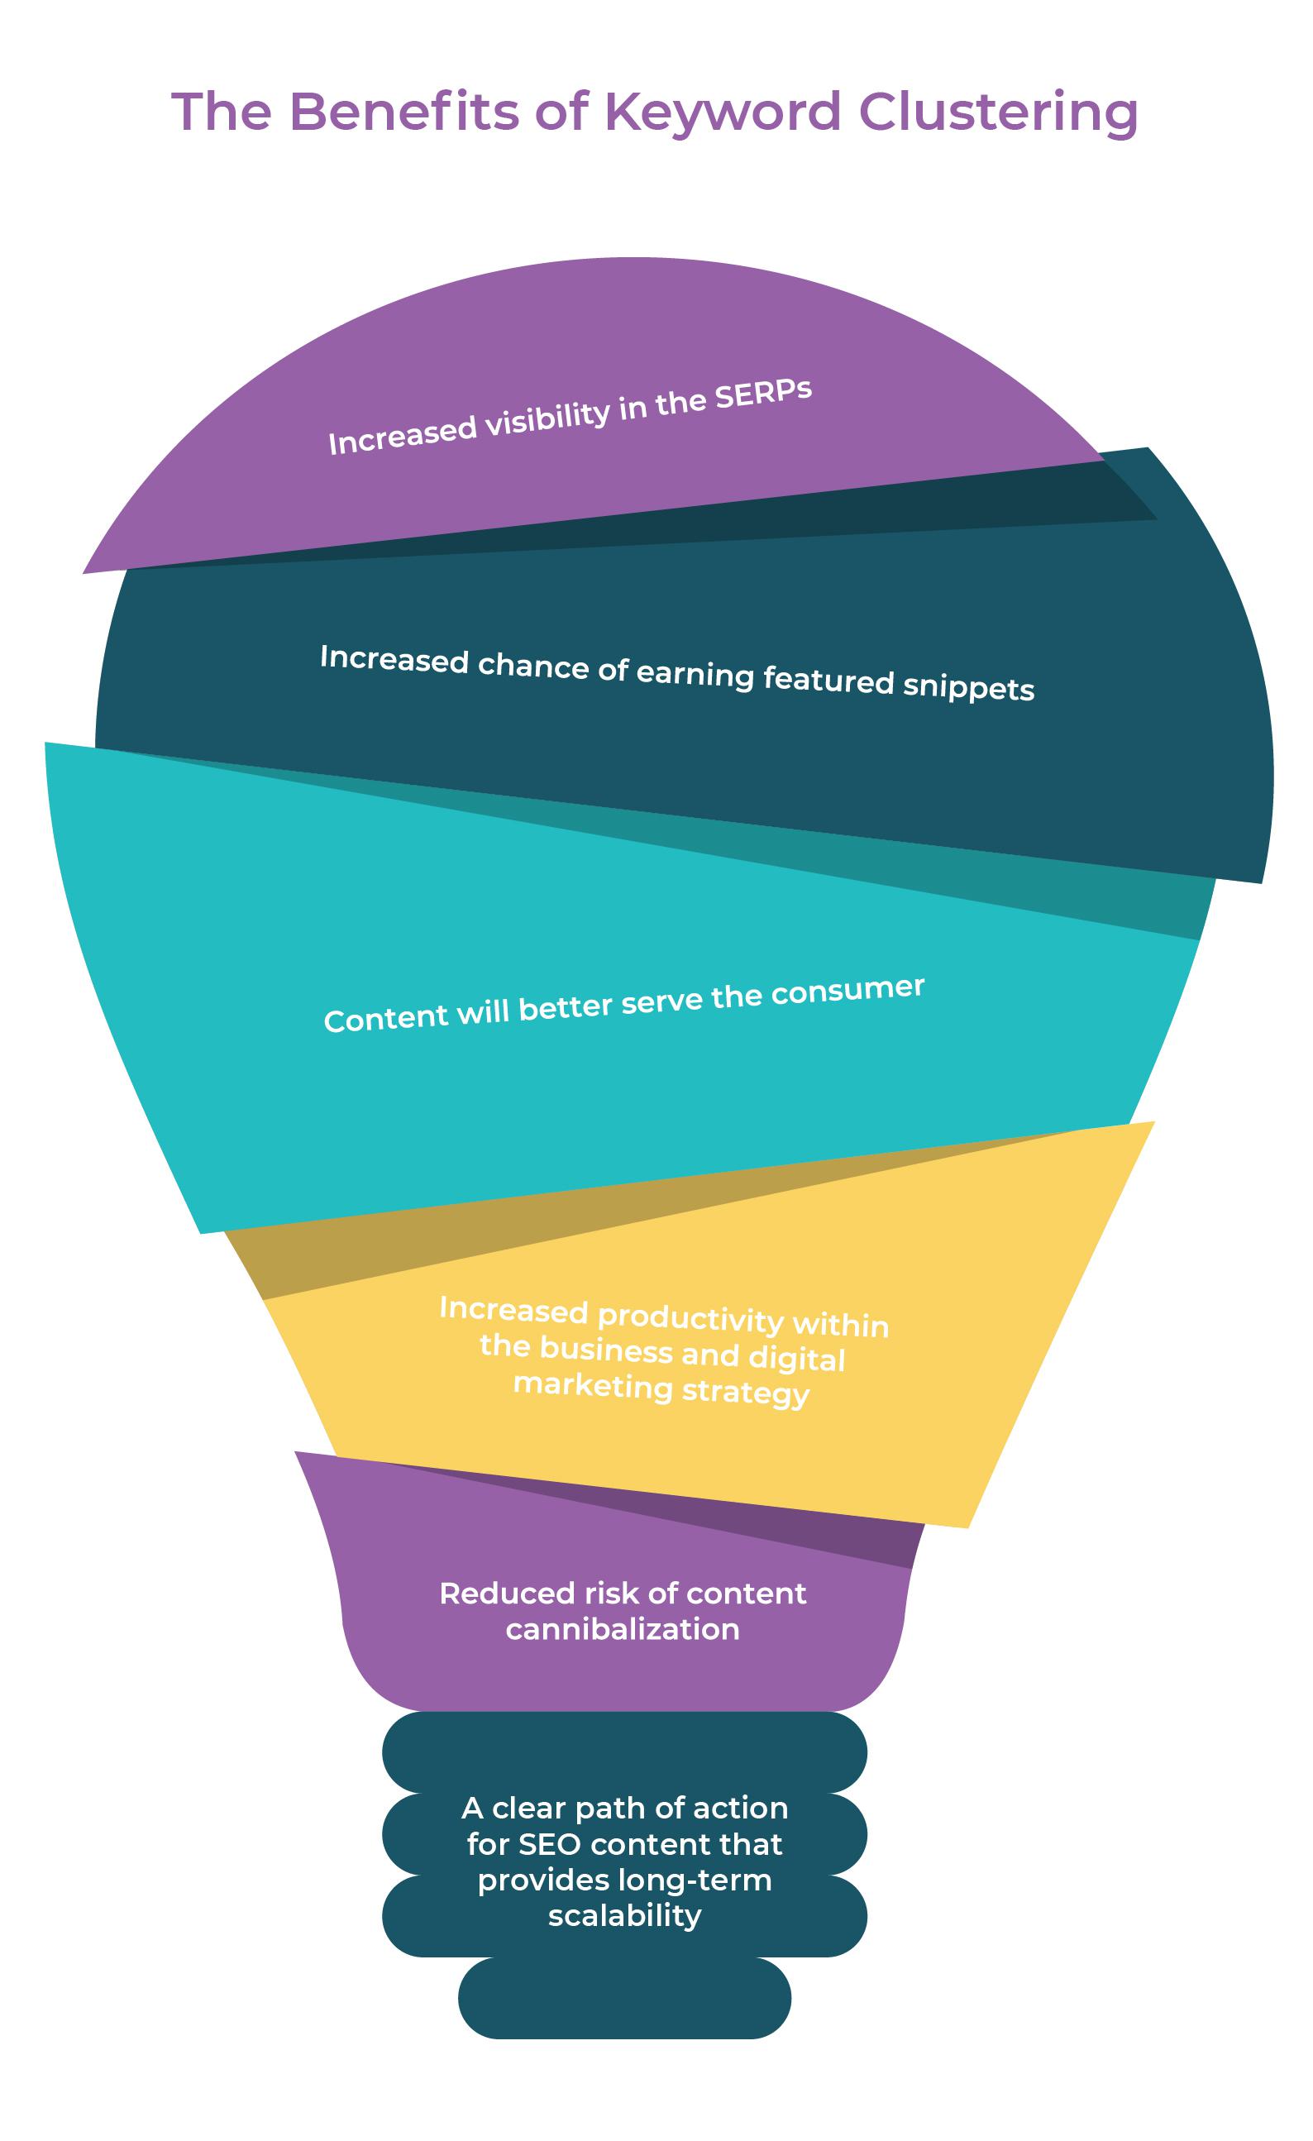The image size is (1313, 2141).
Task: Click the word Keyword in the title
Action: pyautogui.click(x=722, y=113)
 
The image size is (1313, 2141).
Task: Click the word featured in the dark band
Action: pyautogui.click(x=828, y=679)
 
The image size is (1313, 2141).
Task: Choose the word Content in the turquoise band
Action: pyautogui.click(x=375, y=1018)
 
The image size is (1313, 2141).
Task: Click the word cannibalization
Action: pyautogui.click(x=622, y=1629)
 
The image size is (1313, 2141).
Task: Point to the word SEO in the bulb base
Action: pyautogui.click(x=549, y=1844)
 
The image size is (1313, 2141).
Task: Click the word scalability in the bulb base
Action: pyautogui.click(x=624, y=1915)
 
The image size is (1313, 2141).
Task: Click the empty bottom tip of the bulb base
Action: pyautogui.click(x=624, y=1999)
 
